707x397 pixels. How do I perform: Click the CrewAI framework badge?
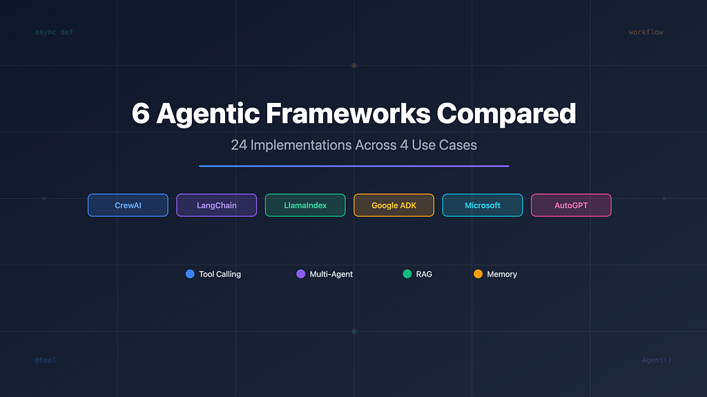128,205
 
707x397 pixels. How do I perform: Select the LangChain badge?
216,205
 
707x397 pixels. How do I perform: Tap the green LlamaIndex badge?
305,205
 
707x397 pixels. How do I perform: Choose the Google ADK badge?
394,205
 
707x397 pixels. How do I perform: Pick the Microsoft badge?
483,205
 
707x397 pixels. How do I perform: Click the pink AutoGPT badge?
571,205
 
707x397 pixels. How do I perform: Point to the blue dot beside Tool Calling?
190,274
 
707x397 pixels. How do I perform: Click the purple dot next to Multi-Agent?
301,274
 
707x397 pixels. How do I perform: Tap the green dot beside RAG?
407,274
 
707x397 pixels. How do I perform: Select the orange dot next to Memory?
478,274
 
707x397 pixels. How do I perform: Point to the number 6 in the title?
141,113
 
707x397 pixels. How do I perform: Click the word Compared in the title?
506,114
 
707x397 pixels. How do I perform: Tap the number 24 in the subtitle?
239,145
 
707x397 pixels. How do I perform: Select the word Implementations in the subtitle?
301,145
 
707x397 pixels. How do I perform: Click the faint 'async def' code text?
54,32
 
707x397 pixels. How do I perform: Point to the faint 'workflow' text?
646,32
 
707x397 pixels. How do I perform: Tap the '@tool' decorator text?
46,360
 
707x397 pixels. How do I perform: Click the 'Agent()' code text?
657,360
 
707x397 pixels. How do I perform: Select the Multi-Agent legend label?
331,274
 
